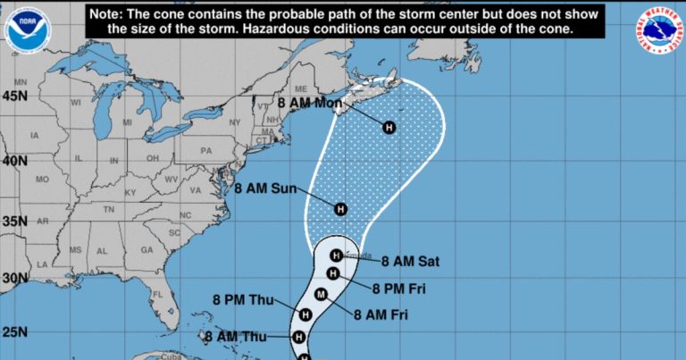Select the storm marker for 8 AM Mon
[x=389, y=128]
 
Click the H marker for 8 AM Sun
[x=339, y=209]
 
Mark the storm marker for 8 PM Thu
[x=305, y=314]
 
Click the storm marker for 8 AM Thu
[x=299, y=337]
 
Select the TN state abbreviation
[x=110, y=209]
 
